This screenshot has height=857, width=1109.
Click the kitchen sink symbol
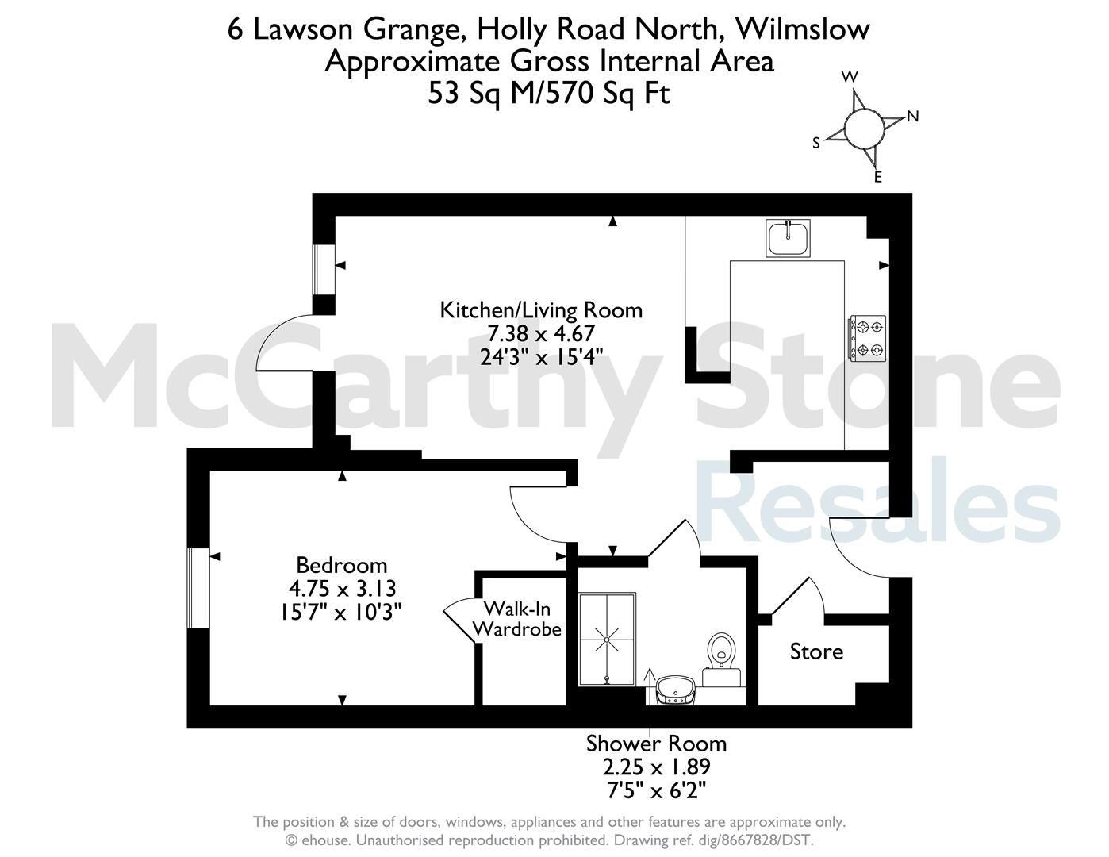pos(788,238)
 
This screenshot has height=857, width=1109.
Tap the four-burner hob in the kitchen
pos(867,339)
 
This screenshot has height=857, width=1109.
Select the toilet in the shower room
pos(722,659)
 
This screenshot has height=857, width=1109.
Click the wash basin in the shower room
pos(675,690)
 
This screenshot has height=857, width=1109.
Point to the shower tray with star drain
pos(607,639)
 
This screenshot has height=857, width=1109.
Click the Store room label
pos(816,651)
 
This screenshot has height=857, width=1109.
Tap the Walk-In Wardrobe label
pos(517,619)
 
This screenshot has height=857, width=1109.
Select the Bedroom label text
pos(341,566)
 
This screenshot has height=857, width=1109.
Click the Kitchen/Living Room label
pos(541,310)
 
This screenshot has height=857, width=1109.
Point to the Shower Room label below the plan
pos(656,744)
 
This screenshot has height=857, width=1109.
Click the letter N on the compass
pos(912,117)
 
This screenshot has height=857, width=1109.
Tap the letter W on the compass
pos(850,77)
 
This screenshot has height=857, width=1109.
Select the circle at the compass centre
pos(864,128)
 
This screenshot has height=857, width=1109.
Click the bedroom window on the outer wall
pos(198,588)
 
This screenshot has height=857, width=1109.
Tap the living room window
pos(324,270)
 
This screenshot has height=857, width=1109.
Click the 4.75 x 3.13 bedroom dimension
pos(342,589)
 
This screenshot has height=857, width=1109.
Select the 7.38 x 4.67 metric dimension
pos(541,334)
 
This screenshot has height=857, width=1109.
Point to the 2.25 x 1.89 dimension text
pos(656,767)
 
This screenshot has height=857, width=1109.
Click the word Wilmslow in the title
pos(802,29)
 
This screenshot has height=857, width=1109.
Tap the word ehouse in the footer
pos(325,840)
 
